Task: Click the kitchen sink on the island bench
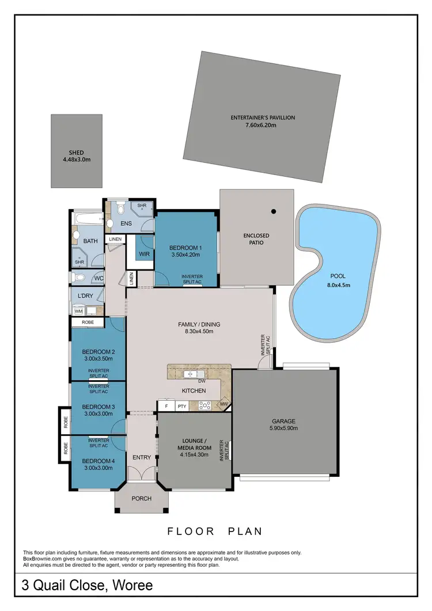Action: coord(188,374)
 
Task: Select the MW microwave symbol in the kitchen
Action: coord(224,404)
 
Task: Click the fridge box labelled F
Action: coord(166,406)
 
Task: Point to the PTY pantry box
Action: coord(181,406)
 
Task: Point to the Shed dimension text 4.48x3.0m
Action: coord(76,160)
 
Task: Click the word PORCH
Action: coord(142,499)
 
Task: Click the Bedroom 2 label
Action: coord(98,352)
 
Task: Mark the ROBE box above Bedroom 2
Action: coord(88,323)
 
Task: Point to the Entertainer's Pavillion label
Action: coord(263,117)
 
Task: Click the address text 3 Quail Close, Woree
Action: coord(87,586)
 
